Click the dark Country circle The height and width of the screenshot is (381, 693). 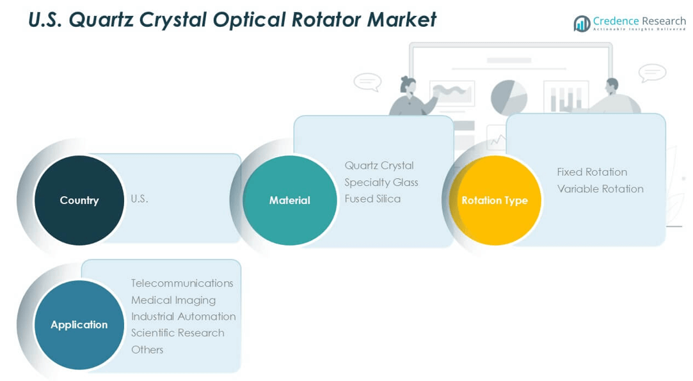click(x=79, y=200)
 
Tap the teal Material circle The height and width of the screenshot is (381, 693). click(x=289, y=200)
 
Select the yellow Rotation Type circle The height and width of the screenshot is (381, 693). click(x=495, y=200)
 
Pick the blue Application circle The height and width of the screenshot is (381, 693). click(x=79, y=325)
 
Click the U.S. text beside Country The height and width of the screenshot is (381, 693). click(x=139, y=199)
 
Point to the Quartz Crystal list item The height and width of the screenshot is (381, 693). click(x=379, y=166)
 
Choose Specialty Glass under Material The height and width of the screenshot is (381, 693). click(x=381, y=182)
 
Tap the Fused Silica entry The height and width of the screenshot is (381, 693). click(x=372, y=199)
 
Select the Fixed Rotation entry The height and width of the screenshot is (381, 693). click(x=592, y=172)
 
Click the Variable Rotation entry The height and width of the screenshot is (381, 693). click(x=600, y=189)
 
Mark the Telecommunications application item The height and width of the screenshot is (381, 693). click(x=182, y=283)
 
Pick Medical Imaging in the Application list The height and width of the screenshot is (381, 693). click(x=173, y=300)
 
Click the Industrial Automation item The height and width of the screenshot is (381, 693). click(x=183, y=316)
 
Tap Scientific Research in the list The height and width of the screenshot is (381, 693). click(x=177, y=333)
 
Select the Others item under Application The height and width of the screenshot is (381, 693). click(x=147, y=350)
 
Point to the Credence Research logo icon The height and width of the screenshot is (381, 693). click(x=582, y=24)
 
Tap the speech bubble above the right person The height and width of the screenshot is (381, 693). click(x=652, y=72)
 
